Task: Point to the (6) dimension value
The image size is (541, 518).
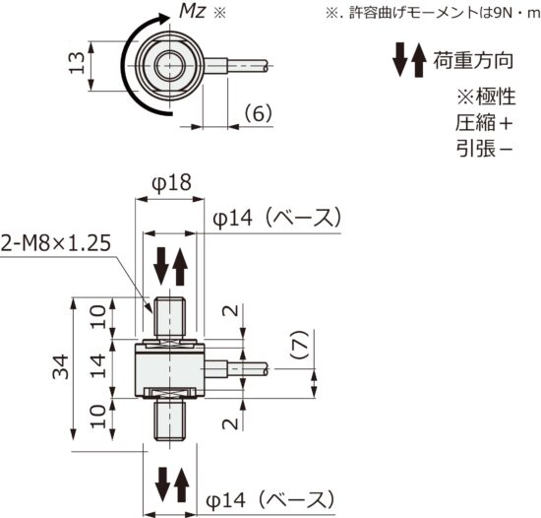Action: pos(255,113)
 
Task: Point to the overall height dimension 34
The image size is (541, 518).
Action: pos(61,369)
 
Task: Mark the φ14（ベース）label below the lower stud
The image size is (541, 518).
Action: pos(275,498)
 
